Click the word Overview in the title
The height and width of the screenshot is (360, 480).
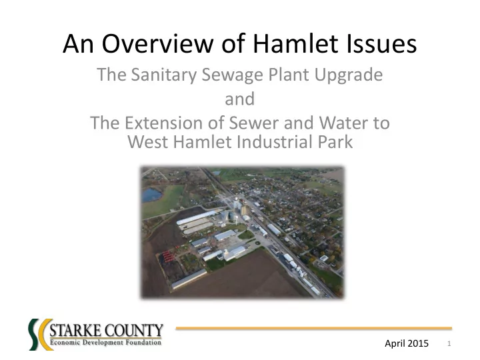[157, 43]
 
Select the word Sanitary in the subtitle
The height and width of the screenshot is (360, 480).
[164, 75]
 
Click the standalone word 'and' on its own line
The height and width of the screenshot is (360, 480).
[240, 99]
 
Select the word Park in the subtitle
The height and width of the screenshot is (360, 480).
[335, 142]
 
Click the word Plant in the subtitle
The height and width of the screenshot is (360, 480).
[289, 75]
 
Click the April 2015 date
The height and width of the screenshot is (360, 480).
[407, 343]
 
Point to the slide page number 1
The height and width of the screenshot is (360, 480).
[449, 343]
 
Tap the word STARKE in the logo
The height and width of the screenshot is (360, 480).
[75, 331]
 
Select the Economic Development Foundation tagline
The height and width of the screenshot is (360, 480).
[105, 342]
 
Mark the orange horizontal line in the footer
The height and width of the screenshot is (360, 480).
[314, 328]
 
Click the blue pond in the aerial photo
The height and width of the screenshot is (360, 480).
[151, 195]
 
